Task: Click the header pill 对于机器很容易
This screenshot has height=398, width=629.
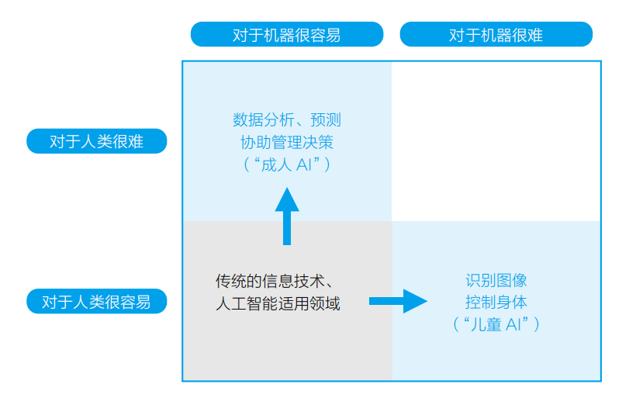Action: pyautogui.click(x=287, y=35)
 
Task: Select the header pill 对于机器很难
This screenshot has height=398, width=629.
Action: pyautogui.click(x=496, y=35)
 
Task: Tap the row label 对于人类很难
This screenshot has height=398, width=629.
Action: pyautogui.click(x=96, y=141)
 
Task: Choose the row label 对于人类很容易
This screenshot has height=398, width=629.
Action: pyautogui.click(x=96, y=301)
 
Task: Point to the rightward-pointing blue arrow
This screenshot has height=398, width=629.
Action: pyautogui.click(x=398, y=301)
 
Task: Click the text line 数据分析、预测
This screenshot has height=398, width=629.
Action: pyautogui.click(x=286, y=120)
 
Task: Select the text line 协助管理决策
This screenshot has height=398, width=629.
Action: pyautogui.click(x=286, y=142)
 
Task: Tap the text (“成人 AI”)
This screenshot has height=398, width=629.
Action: pyautogui.click(x=286, y=164)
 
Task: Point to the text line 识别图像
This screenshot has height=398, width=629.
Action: pyautogui.click(x=496, y=280)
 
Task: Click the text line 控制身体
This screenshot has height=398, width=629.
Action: pyautogui.click(x=496, y=302)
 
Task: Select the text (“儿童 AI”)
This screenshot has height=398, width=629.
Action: pyautogui.click(x=496, y=324)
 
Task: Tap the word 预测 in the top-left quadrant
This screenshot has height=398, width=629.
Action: pyautogui.click(x=326, y=120)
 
